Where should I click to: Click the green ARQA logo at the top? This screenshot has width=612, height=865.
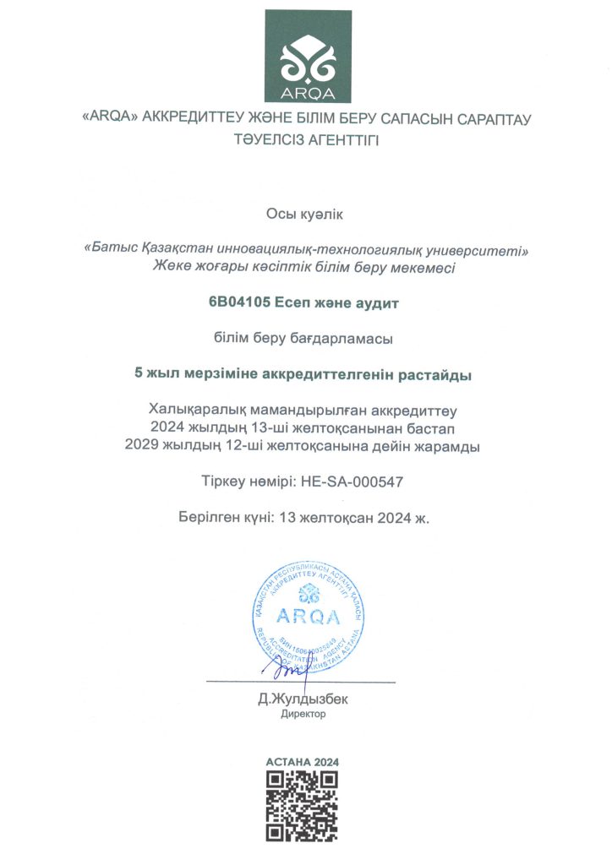tap(305, 56)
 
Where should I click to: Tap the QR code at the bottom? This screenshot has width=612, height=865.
tap(303, 806)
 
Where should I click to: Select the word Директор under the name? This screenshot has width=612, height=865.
tap(303, 714)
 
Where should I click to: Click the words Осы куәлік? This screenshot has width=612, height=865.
tap(305, 216)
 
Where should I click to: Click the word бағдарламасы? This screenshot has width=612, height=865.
tap(347, 339)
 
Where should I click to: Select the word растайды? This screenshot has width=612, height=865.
tap(442, 373)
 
